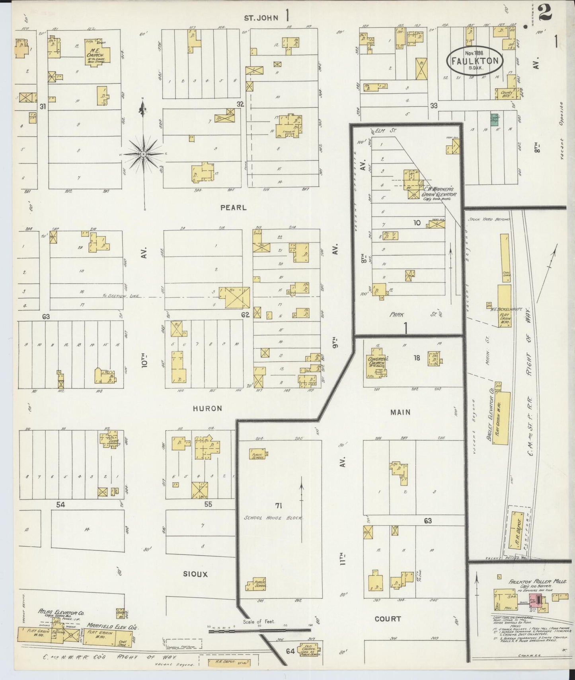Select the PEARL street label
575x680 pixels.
click(234, 208)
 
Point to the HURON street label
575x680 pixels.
click(207, 408)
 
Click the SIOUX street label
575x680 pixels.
click(195, 574)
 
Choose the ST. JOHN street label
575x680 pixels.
click(261, 17)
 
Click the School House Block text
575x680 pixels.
click(274, 518)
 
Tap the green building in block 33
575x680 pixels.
click(495, 119)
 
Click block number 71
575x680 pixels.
click(278, 505)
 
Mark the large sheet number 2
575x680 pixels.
click(544, 12)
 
